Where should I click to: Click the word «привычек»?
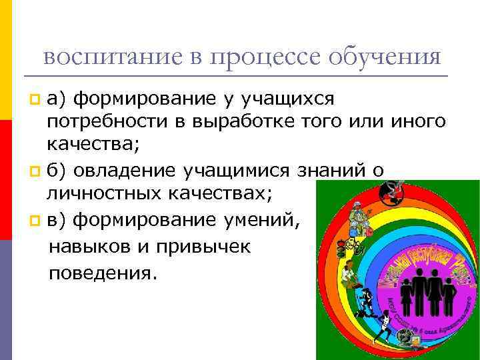[x=203, y=245]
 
